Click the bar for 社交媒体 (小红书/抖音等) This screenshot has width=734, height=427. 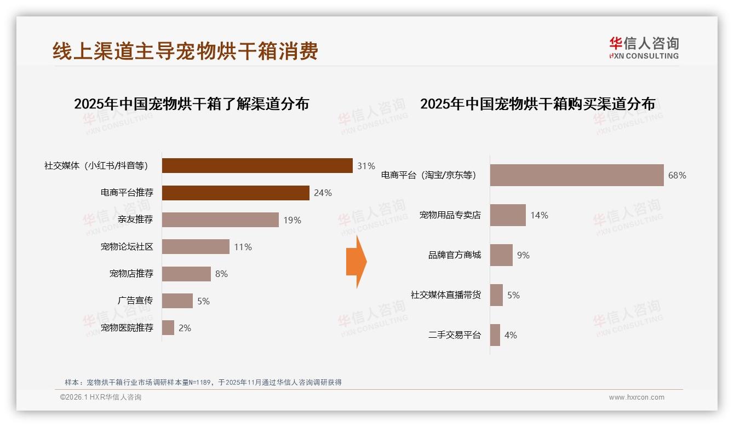[x=257, y=165]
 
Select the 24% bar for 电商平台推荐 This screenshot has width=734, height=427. [x=236, y=193]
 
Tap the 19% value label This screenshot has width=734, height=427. [x=292, y=220]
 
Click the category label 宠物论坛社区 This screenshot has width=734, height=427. [x=127, y=247]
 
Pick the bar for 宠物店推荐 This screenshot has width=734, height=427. [x=186, y=274]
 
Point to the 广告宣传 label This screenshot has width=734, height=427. [x=135, y=301]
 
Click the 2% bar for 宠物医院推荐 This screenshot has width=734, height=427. [x=168, y=328]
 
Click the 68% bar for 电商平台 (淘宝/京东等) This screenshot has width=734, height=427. [x=576, y=175]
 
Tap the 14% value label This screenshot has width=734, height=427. [x=539, y=215]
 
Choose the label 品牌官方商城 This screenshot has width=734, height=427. [x=454, y=255]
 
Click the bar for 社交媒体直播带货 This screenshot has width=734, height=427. [x=496, y=295]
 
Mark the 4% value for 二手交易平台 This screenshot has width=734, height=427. [x=511, y=335]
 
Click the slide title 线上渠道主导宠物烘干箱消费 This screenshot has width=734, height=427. [x=185, y=51]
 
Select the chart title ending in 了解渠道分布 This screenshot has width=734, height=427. [x=191, y=103]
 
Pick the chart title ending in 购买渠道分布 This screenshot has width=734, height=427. [x=537, y=103]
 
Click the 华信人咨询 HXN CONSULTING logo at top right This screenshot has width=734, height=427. [x=644, y=48]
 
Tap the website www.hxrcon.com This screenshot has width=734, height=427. [x=636, y=397]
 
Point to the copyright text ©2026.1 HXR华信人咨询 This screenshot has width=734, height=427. [x=101, y=397]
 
